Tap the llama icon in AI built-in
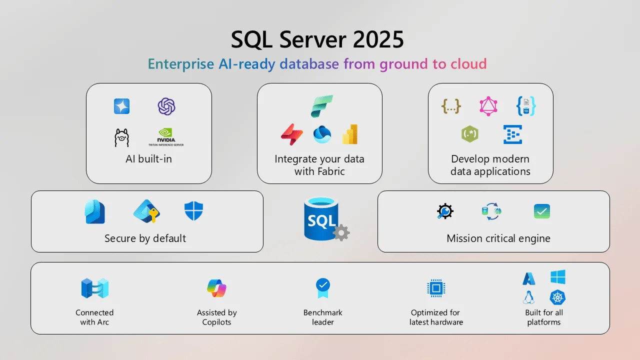[121, 137]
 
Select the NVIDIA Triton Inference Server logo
[166, 136]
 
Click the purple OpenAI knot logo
[166, 106]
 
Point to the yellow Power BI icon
[349, 134]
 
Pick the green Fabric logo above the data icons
[321, 106]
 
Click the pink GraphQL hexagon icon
[488, 106]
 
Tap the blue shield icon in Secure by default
[193, 211]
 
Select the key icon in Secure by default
[146, 211]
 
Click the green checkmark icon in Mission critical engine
[541, 211]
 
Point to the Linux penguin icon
[528, 297]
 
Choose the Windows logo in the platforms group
[557, 277]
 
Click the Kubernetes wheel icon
[557, 297]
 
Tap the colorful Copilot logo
[216, 288]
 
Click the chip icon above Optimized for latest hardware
[436, 288]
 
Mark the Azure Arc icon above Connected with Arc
[95, 288]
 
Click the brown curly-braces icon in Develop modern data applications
[451, 106]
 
